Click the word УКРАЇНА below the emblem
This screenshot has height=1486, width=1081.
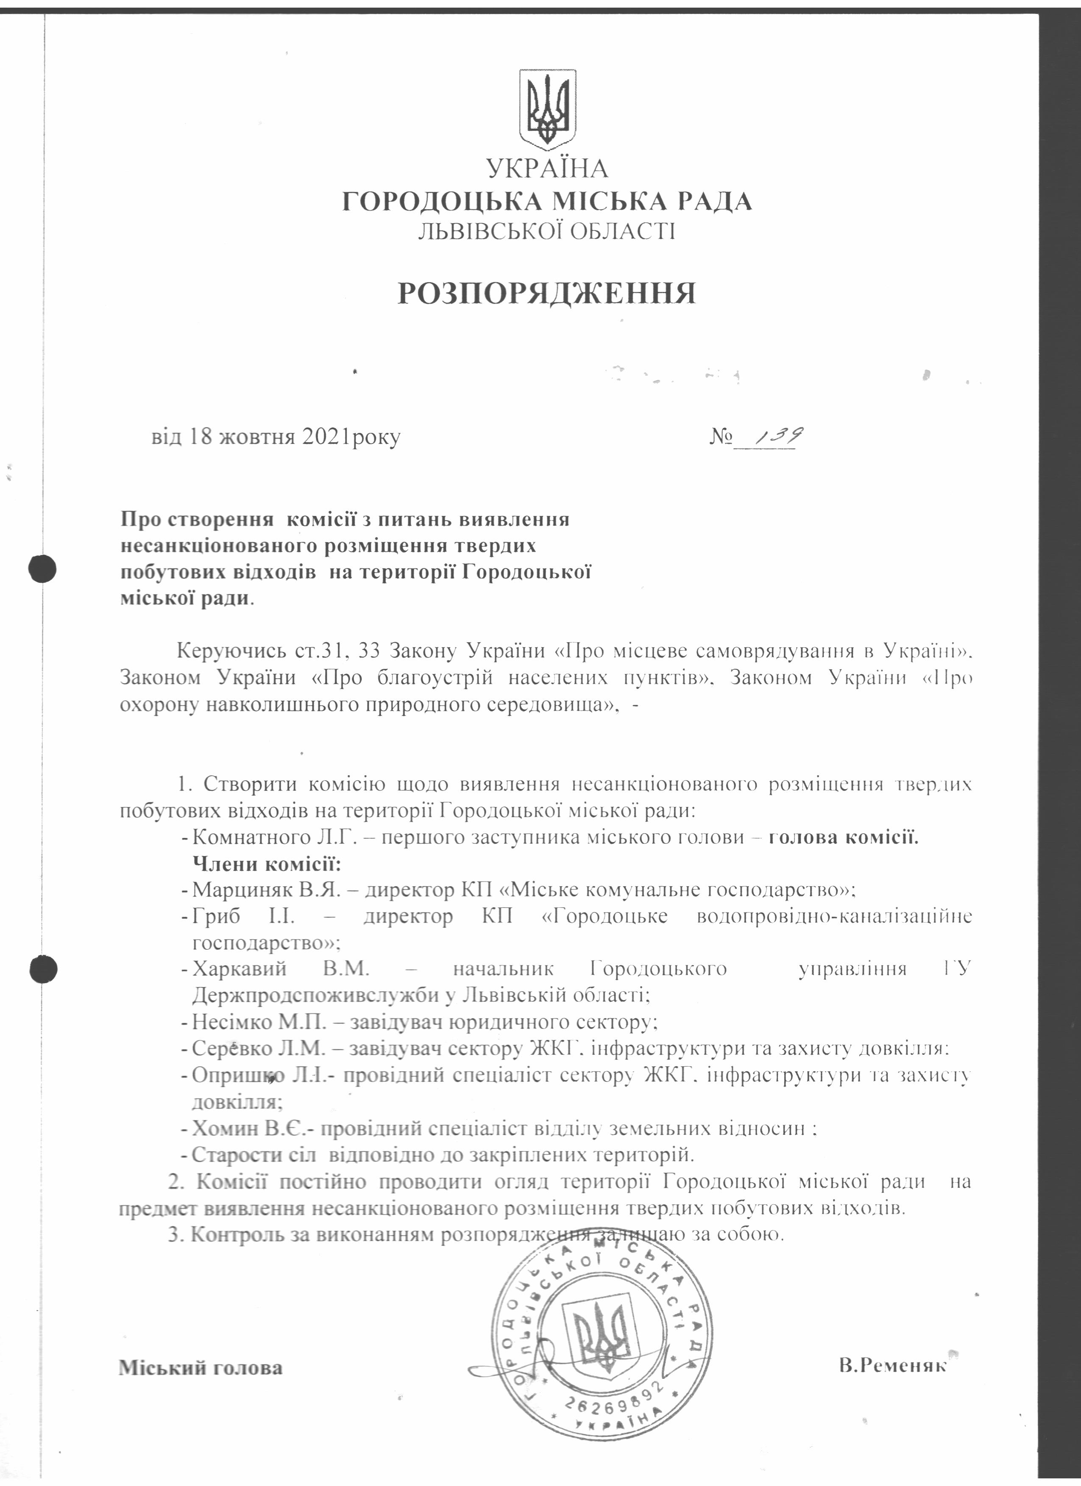pyautogui.click(x=547, y=169)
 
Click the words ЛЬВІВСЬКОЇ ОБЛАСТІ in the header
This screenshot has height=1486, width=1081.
pyautogui.click(x=547, y=231)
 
